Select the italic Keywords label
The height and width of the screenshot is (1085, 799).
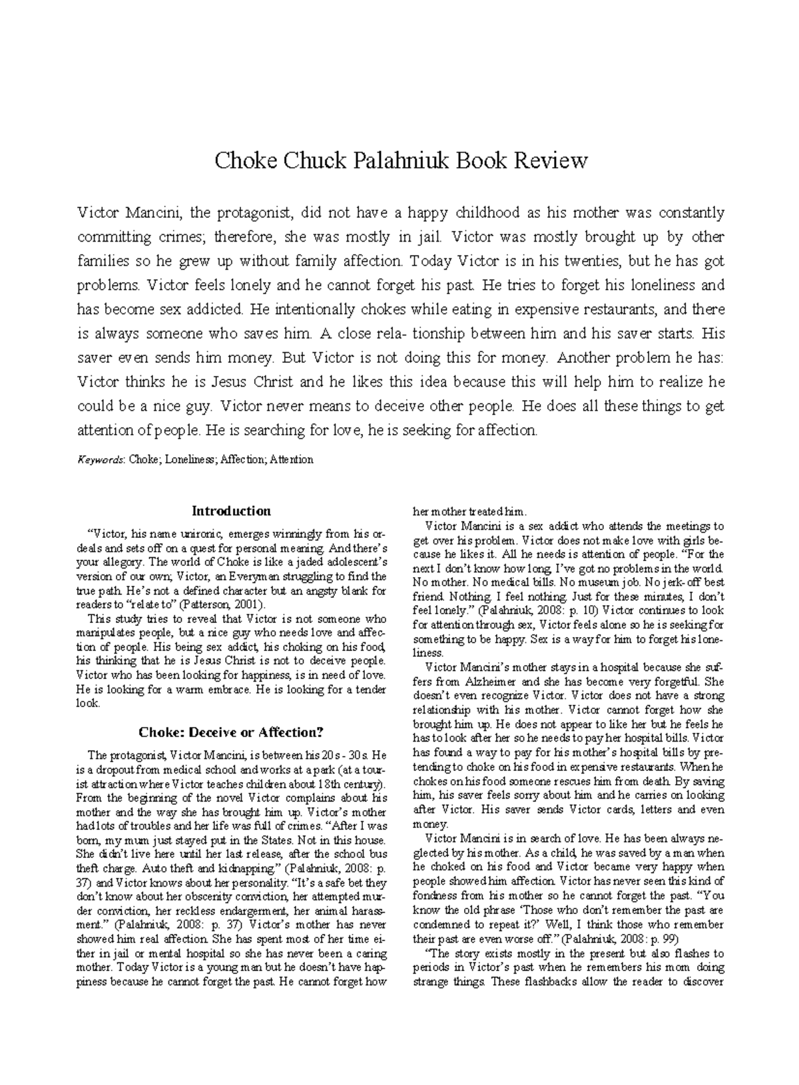[101, 459]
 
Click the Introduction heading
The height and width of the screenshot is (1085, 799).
[231, 511]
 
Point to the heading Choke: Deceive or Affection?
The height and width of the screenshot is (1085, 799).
[231, 732]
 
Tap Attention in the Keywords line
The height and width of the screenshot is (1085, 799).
[292, 459]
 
